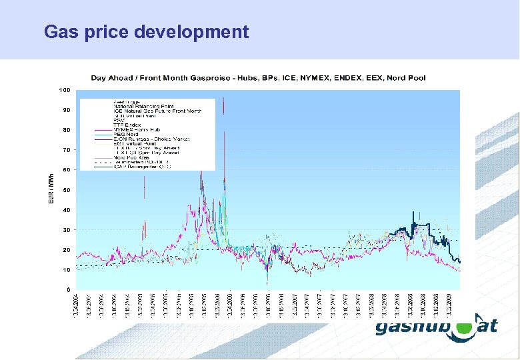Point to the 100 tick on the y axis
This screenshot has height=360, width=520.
(x=65, y=89)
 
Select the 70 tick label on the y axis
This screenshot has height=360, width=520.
(x=66, y=150)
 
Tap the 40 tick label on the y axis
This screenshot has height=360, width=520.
(x=66, y=210)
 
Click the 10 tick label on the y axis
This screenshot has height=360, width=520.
(x=66, y=270)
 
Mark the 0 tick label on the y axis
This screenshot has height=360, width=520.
(x=67, y=290)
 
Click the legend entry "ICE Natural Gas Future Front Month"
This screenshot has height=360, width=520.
(x=157, y=111)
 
